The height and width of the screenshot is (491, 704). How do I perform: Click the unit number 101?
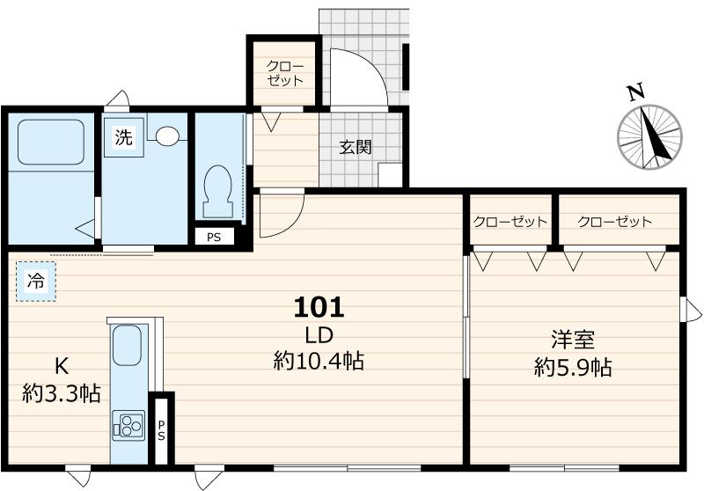pos(318,307)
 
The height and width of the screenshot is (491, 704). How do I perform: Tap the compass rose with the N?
pos(649,136)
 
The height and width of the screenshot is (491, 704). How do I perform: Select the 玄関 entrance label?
pos(356,147)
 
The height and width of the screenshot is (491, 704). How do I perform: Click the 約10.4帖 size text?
pos(319,360)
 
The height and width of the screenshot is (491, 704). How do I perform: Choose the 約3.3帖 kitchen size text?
pos(61,392)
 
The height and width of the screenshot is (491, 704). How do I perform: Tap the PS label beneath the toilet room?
pos(214,237)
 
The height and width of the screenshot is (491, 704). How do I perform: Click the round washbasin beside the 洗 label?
pos(166,136)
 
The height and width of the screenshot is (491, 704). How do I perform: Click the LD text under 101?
pos(318,334)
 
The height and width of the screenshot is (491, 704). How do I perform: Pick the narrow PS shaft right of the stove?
pos(162,431)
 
